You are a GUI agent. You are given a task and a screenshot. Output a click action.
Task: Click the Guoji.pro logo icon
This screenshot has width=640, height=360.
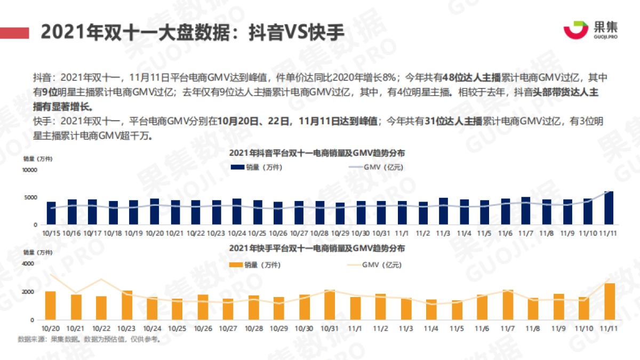coord(576,30)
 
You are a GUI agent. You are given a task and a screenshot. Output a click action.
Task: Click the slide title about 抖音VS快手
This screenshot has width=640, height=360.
coord(192,33)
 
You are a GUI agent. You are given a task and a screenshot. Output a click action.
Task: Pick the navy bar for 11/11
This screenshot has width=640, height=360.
coord(609,207)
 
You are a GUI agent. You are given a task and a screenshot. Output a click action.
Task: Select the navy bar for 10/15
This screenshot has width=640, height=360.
coord(51,213)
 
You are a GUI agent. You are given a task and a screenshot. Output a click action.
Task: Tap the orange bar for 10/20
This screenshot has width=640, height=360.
coord(50,305)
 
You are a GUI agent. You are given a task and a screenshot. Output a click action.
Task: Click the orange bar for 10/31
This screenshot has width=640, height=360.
coord(330,305)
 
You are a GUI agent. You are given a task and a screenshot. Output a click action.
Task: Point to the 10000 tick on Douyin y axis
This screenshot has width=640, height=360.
coord(29,170)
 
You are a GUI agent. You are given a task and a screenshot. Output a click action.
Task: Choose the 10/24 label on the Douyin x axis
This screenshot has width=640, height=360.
coord(236,233)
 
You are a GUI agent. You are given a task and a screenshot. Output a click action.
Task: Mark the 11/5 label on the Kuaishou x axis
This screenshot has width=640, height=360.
coord(456,328)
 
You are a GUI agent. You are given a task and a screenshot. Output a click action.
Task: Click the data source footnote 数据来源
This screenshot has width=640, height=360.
coord(89,339)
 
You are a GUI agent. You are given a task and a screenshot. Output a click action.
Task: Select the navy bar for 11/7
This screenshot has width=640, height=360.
coord(525,211)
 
